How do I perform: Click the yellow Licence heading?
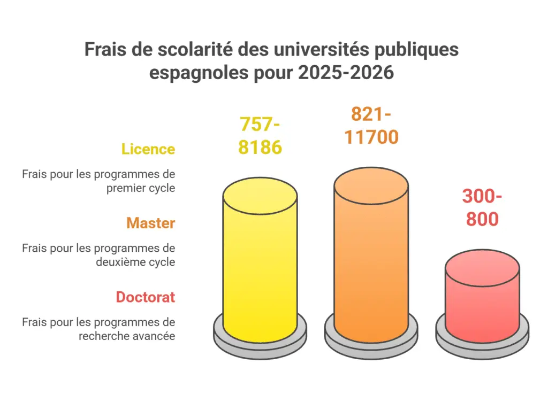pyautogui.click(x=148, y=149)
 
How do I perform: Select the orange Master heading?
pyautogui.click(x=150, y=223)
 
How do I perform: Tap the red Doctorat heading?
pyautogui.click(x=146, y=297)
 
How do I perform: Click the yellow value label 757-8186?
pyautogui.click(x=260, y=136)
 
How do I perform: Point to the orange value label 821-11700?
pyautogui.click(x=371, y=126)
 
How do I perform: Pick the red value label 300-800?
pyautogui.click(x=482, y=208)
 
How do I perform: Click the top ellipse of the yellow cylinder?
pyautogui.click(x=260, y=195)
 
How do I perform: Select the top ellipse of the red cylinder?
pyautogui.click(x=482, y=268)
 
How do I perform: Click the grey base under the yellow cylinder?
pyautogui.click(x=260, y=342)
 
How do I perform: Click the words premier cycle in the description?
pyautogui.click(x=141, y=188)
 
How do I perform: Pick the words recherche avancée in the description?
pyautogui.click(x=127, y=336)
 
